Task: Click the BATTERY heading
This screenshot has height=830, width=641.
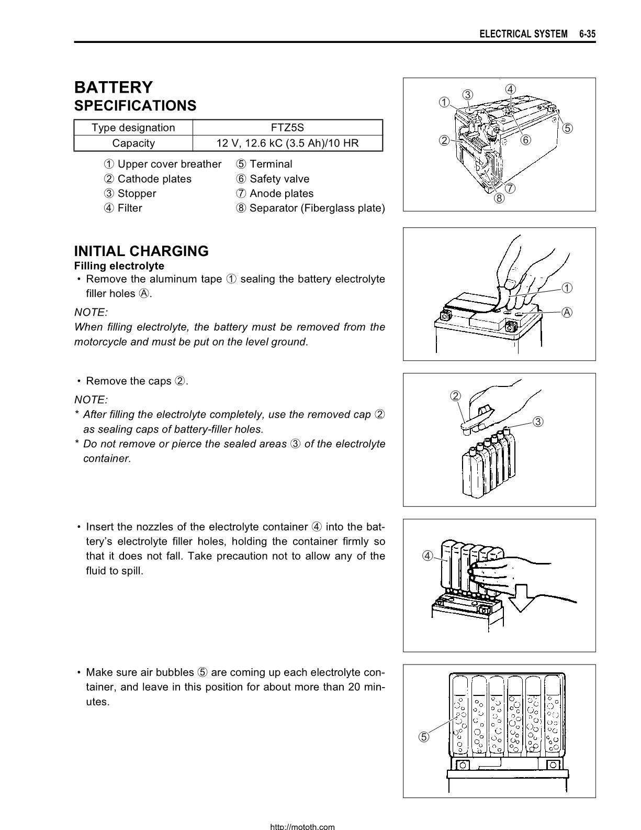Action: (114, 87)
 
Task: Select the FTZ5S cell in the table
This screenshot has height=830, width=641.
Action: (288, 128)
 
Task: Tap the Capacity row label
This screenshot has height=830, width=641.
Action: (133, 143)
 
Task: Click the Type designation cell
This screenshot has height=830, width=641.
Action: (133, 128)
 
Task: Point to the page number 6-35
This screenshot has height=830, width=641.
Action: (587, 34)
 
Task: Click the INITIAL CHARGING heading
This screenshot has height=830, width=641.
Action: (141, 251)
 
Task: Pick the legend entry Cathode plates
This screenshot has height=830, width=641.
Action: (148, 179)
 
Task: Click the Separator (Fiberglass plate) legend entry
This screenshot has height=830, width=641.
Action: (311, 208)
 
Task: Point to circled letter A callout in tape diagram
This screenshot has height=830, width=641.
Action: (567, 313)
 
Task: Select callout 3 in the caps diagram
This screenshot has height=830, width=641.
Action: (538, 422)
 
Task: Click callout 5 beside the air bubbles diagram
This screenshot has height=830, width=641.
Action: (423, 737)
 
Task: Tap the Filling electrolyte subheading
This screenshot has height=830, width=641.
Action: (119, 266)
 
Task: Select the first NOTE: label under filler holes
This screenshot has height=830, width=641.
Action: (91, 312)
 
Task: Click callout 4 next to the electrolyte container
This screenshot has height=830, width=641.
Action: (428, 556)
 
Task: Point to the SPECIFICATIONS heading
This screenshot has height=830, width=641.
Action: (135, 106)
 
